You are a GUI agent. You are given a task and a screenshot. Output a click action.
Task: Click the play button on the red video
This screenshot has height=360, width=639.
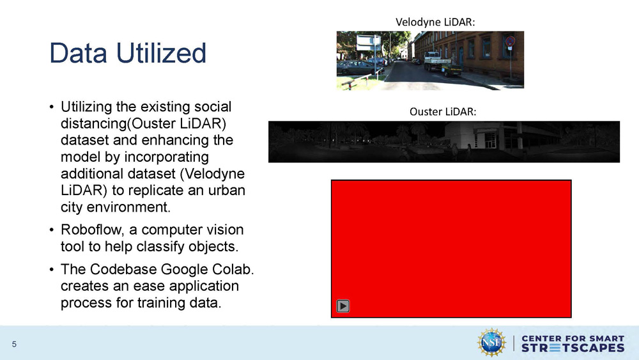tap(343, 306)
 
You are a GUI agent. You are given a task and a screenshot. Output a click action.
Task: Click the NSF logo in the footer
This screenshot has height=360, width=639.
tap(491, 342)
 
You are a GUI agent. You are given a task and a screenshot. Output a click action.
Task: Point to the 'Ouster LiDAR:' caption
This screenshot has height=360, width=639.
tap(443, 112)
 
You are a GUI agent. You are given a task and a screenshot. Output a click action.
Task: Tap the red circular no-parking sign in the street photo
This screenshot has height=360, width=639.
tap(509, 42)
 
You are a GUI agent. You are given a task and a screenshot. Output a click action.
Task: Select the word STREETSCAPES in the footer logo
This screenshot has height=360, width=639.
tap(573, 348)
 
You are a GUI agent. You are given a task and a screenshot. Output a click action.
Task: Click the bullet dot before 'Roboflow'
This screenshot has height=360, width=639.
tap(51, 230)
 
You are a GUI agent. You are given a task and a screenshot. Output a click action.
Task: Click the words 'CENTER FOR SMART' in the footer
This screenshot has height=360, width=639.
tap(573, 338)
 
